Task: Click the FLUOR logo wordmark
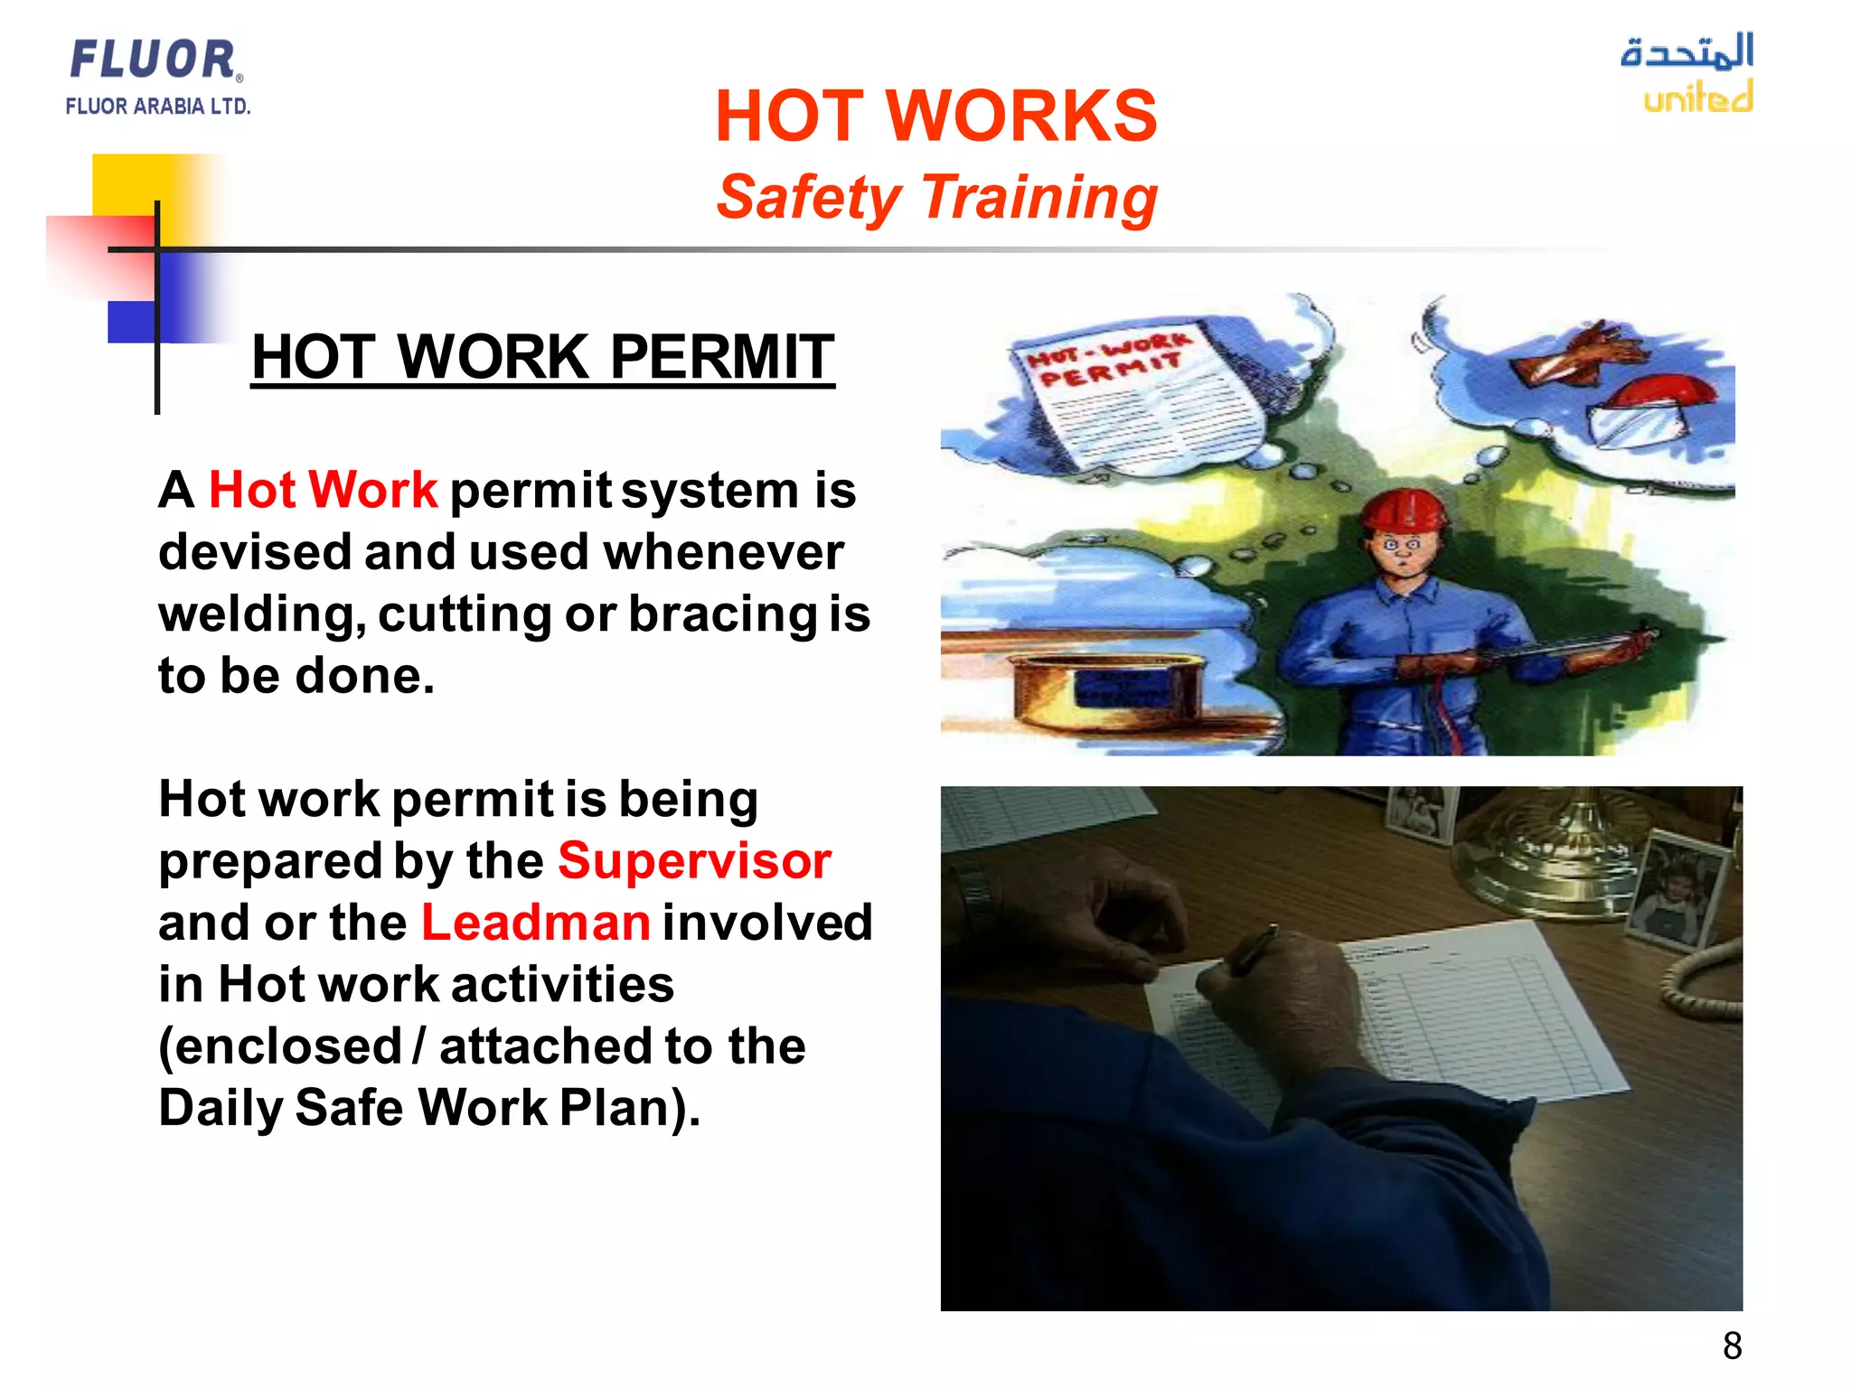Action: (x=154, y=60)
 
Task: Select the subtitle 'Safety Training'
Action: (x=936, y=198)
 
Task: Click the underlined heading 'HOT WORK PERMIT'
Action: (x=542, y=357)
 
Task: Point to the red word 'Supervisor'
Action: (x=694, y=860)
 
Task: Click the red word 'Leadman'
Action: (x=535, y=923)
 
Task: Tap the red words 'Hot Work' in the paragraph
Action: (x=323, y=491)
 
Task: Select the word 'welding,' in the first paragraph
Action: (x=262, y=614)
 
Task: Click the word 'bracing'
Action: (x=723, y=614)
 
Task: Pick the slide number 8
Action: (x=1732, y=1346)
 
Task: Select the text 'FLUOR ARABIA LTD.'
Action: (x=157, y=107)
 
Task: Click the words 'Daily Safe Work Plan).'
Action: (x=429, y=1108)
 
